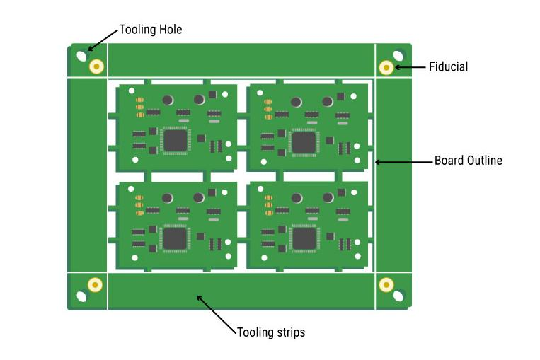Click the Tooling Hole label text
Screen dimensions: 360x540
click(x=150, y=30)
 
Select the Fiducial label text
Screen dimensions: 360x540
click(x=448, y=67)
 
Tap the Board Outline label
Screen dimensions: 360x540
click(x=468, y=161)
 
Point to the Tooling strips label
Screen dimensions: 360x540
click(x=271, y=332)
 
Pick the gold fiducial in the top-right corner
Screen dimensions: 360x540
click(x=386, y=67)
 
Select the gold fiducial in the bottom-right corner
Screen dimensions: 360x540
click(x=386, y=284)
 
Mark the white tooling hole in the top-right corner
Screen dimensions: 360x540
click(x=398, y=55)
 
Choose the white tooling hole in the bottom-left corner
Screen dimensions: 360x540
click(x=82, y=296)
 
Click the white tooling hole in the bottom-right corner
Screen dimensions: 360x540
click(x=398, y=296)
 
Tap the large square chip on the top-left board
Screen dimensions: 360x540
click(x=176, y=140)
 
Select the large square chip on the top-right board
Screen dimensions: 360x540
click(x=304, y=142)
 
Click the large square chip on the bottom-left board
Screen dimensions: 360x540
click(x=175, y=238)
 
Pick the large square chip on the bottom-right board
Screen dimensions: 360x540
click(x=304, y=238)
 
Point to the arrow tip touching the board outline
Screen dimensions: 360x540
click(x=376, y=162)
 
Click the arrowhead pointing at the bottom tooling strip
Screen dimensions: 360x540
click(x=198, y=297)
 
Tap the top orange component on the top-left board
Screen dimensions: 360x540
click(x=140, y=99)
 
